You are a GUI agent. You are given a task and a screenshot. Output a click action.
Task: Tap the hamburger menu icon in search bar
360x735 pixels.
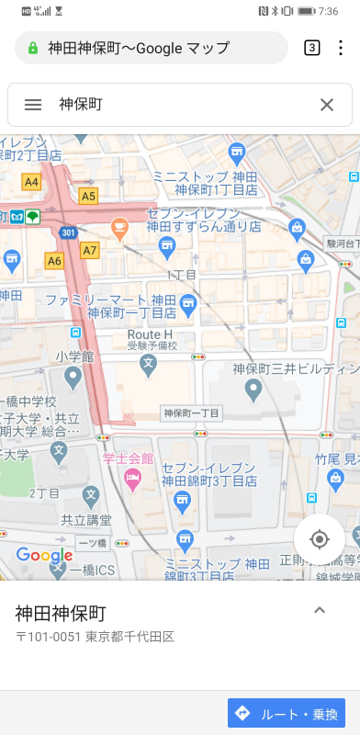[x=33, y=105]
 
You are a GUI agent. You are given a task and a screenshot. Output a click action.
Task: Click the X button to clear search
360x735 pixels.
[x=327, y=105]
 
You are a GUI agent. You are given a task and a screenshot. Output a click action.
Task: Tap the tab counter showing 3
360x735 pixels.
[x=312, y=48]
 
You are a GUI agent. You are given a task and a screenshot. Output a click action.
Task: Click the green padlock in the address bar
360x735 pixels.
[x=34, y=48]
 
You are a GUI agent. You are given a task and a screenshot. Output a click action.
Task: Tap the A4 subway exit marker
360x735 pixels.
[x=32, y=182]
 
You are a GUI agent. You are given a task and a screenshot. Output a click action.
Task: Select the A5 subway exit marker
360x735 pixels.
[x=88, y=196]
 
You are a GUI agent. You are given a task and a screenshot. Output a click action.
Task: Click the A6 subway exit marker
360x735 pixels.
[x=54, y=261]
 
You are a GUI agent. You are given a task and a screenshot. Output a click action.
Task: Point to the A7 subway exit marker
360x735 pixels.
[x=89, y=249]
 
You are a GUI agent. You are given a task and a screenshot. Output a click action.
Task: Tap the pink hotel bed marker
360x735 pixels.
[x=132, y=476]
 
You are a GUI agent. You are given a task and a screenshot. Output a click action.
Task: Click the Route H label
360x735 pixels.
[x=150, y=334]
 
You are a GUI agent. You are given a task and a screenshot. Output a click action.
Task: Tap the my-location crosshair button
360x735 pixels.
[x=320, y=538]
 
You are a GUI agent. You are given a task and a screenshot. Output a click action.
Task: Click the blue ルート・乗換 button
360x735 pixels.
[x=287, y=713]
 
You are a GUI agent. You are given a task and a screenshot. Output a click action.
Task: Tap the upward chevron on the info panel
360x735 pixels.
[x=320, y=610]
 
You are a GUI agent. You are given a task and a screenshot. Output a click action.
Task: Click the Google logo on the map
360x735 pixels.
[x=44, y=556]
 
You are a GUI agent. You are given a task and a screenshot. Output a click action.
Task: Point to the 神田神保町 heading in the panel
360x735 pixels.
[x=61, y=613]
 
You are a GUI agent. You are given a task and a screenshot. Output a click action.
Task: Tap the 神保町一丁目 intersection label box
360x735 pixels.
[x=191, y=413]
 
